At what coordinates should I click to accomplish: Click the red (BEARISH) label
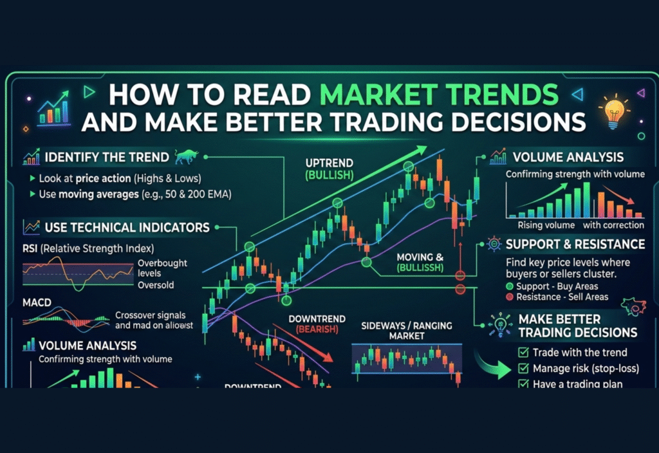pyautogui.click(x=317, y=329)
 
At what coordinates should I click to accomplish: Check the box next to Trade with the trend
pyautogui.click(x=523, y=353)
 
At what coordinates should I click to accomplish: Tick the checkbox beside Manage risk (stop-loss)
pyautogui.click(x=523, y=369)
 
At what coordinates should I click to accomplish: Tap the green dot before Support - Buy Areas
pyautogui.click(x=510, y=286)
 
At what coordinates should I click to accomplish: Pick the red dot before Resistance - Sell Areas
pyautogui.click(x=510, y=297)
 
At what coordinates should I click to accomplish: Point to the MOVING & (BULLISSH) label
pyautogui.click(x=418, y=263)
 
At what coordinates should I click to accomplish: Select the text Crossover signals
pyautogui.click(x=150, y=315)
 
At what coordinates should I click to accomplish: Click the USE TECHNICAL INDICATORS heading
pyautogui.click(x=127, y=227)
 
